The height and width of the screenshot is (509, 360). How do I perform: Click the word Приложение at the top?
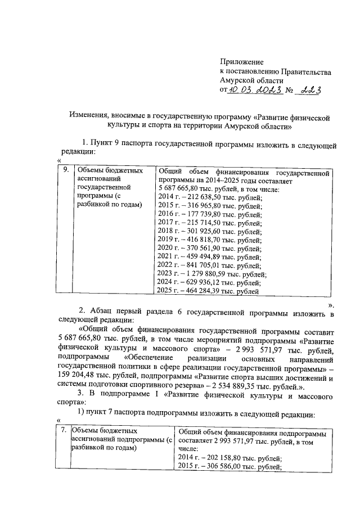[241, 61]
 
